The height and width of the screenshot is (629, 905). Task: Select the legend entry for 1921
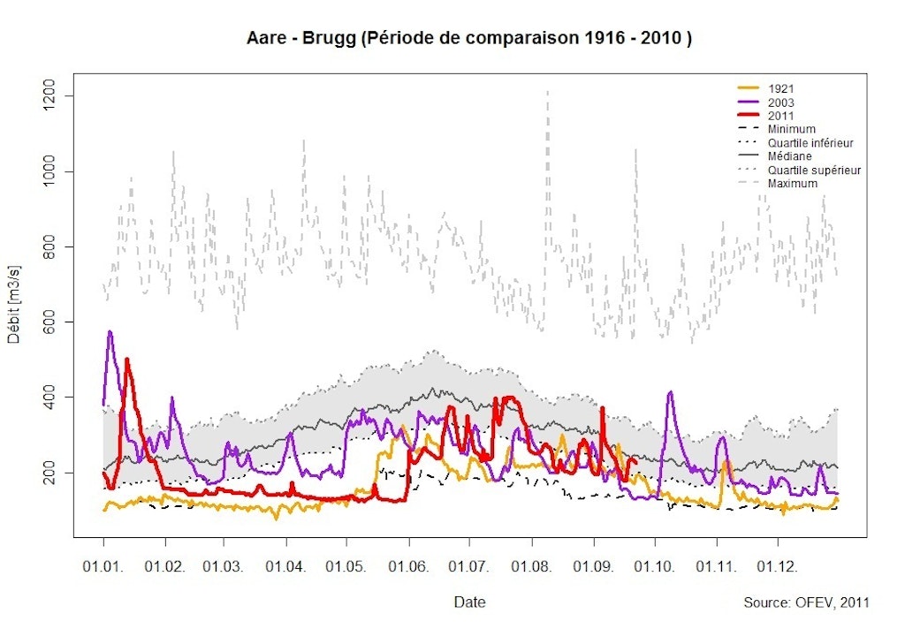click(780, 88)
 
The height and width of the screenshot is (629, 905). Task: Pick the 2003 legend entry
click(780, 102)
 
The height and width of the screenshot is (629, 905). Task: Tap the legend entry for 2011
click(780, 116)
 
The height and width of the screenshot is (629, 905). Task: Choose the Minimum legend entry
click(791, 129)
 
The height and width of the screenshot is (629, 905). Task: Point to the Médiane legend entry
click(789, 156)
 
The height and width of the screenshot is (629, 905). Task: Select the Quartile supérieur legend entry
click(814, 170)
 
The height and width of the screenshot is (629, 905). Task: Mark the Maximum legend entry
click(793, 183)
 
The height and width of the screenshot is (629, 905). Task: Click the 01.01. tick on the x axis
click(103, 563)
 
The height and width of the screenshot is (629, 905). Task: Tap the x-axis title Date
click(469, 602)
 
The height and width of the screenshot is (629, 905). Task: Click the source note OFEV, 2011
click(806, 602)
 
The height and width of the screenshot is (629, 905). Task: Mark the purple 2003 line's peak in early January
click(110, 332)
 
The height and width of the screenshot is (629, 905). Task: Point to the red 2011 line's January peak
click(127, 360)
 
